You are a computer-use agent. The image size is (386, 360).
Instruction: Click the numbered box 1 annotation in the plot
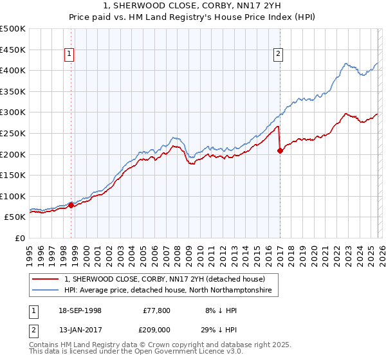(69, 55)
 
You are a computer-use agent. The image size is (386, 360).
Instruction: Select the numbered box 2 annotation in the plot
(279, 55)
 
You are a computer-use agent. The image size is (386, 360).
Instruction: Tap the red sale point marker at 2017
(280, 151)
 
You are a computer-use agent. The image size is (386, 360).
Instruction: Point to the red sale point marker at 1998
(71, 206)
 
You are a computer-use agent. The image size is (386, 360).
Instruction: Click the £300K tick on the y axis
(14, 113)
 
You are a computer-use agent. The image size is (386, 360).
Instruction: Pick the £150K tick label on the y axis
(14, 175)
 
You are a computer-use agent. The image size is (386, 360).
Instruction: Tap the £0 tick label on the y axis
(20, 238)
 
